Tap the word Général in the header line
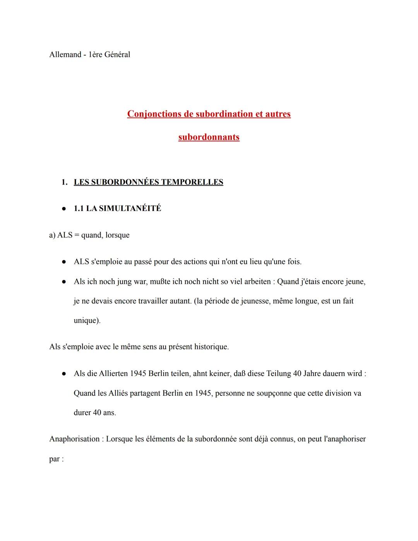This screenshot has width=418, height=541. click(x=117, y=55)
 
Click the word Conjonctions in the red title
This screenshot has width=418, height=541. click(x=160, y=114)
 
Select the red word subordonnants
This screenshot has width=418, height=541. click(x=209, y=137)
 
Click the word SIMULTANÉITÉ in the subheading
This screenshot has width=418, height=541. click(x=130, y=208)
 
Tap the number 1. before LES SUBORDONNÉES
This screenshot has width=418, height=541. click(x=65, y=182)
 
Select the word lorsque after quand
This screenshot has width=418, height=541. click(x=117, y=235)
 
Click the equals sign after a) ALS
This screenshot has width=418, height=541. click(x=77, y=235)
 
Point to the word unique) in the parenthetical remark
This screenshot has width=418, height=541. click(x=87, y=321)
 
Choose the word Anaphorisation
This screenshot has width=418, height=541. click(x=74, y=439)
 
